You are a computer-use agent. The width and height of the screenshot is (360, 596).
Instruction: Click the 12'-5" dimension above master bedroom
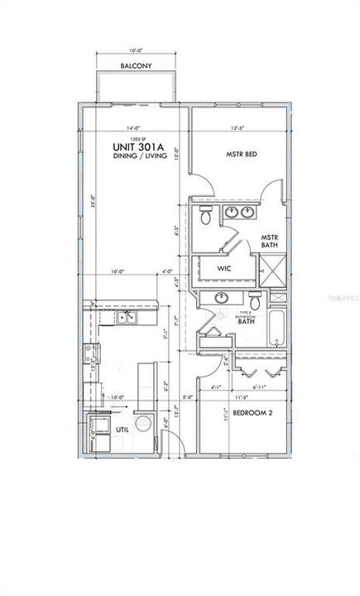coord(239,127)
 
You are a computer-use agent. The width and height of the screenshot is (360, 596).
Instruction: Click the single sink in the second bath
coord(222,297)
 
